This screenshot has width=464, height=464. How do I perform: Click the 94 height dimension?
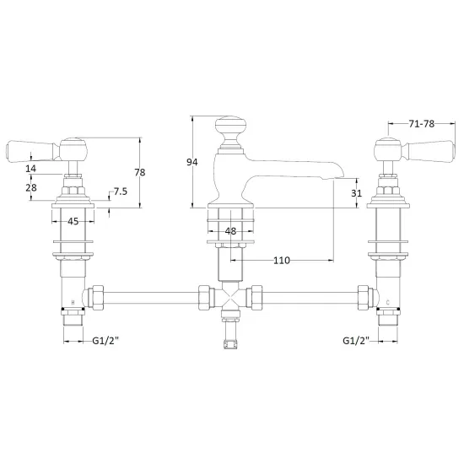192,162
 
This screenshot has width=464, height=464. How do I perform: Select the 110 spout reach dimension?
282,261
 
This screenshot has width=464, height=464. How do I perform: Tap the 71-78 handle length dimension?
421,124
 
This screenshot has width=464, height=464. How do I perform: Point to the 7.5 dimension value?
121,192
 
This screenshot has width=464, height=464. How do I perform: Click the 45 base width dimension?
73,221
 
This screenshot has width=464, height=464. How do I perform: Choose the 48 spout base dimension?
230,231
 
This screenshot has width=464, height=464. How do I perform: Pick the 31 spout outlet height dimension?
356,193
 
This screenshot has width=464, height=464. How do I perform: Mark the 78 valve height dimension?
140,172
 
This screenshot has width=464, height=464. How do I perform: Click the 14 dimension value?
30,169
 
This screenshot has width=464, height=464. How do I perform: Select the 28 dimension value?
31,187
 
